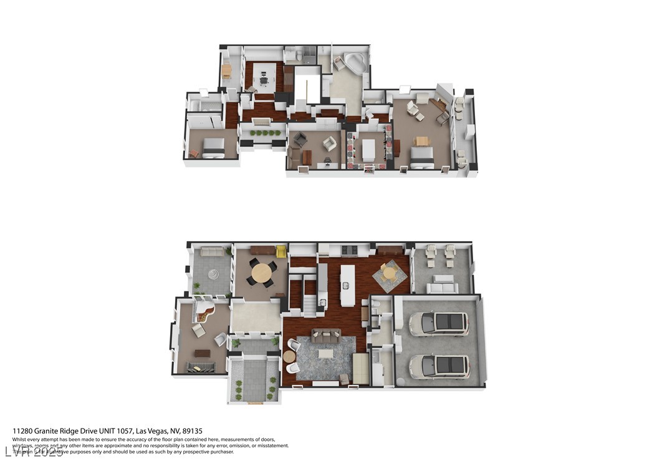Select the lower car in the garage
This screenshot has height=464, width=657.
point(439,366)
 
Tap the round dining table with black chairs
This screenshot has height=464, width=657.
point(261,272)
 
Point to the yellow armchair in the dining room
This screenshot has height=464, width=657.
point(281,251)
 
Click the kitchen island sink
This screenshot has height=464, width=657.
point(345,285)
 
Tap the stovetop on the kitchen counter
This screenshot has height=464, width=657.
point(348,250)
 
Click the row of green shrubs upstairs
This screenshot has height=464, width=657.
point(264,133)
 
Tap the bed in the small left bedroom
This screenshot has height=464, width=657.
point(213,147)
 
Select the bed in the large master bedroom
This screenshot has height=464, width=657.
point(422,160)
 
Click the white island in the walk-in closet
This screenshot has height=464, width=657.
point(369,149)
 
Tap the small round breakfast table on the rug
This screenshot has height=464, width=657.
point(390,273)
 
